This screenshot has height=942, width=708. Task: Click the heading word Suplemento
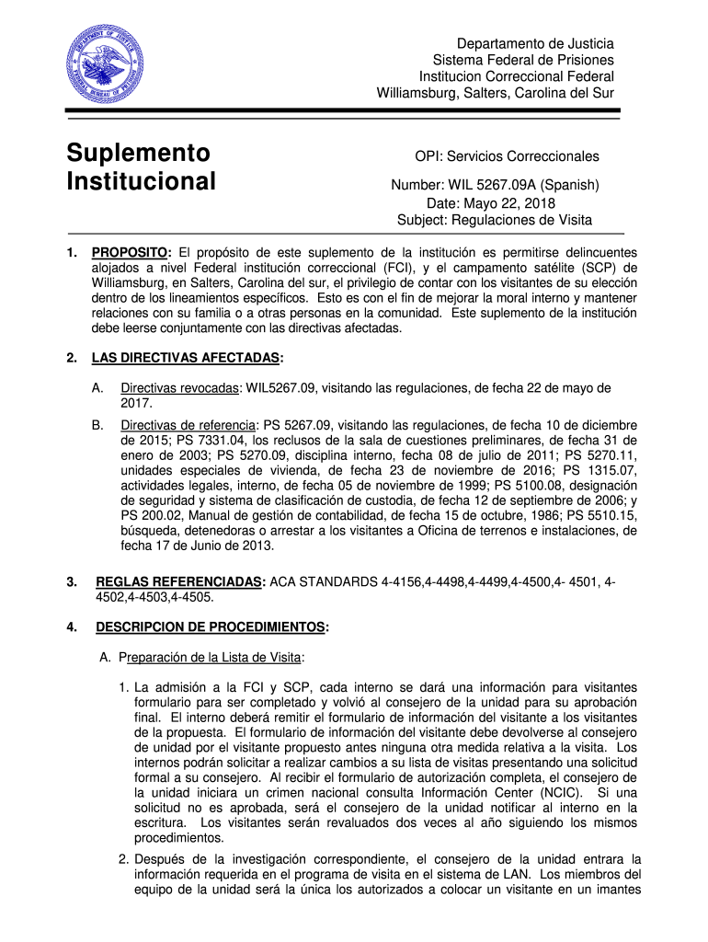pyautogui.click(x=138, y=152)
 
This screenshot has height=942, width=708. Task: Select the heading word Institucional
pyautogui.click(x=141, y=180)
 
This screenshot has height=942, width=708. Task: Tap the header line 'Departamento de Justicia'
pyautogui.click(x=537, y=43)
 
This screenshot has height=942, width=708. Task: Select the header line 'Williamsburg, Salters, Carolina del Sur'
pyautogui.click(x=495, y=93)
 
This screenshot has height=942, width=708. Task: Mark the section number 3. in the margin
pyautogui.click(x=71, y=582)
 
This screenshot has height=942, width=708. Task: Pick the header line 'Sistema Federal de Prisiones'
pyautogui.click(x=524, y=60)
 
